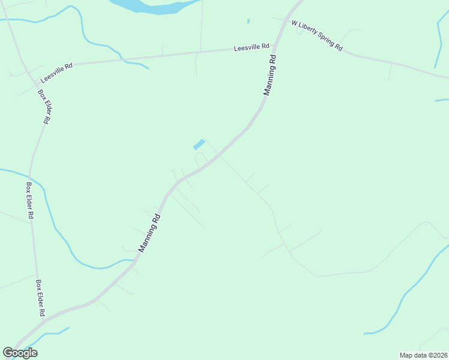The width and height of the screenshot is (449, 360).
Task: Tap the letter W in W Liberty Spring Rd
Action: pos(294,23)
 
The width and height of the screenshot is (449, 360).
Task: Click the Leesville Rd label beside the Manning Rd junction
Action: pos(252,47)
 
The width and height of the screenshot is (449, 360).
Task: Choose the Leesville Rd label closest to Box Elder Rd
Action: pos(56,73)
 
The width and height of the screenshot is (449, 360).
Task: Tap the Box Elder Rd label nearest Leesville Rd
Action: pos(44,106)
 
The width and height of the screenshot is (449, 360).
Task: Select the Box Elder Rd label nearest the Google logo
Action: pos(40,298)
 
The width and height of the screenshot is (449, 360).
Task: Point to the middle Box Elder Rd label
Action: pos(29,201)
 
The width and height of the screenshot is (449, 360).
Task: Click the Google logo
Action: pos(20,353)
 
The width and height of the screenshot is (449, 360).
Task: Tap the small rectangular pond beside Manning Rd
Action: pos(198,145)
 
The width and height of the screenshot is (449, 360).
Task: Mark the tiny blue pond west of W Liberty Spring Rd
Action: pos(248,22)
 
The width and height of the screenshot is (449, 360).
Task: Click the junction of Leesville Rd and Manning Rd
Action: pos(275,46)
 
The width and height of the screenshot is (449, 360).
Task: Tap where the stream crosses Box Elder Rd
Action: pos(30,178)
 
